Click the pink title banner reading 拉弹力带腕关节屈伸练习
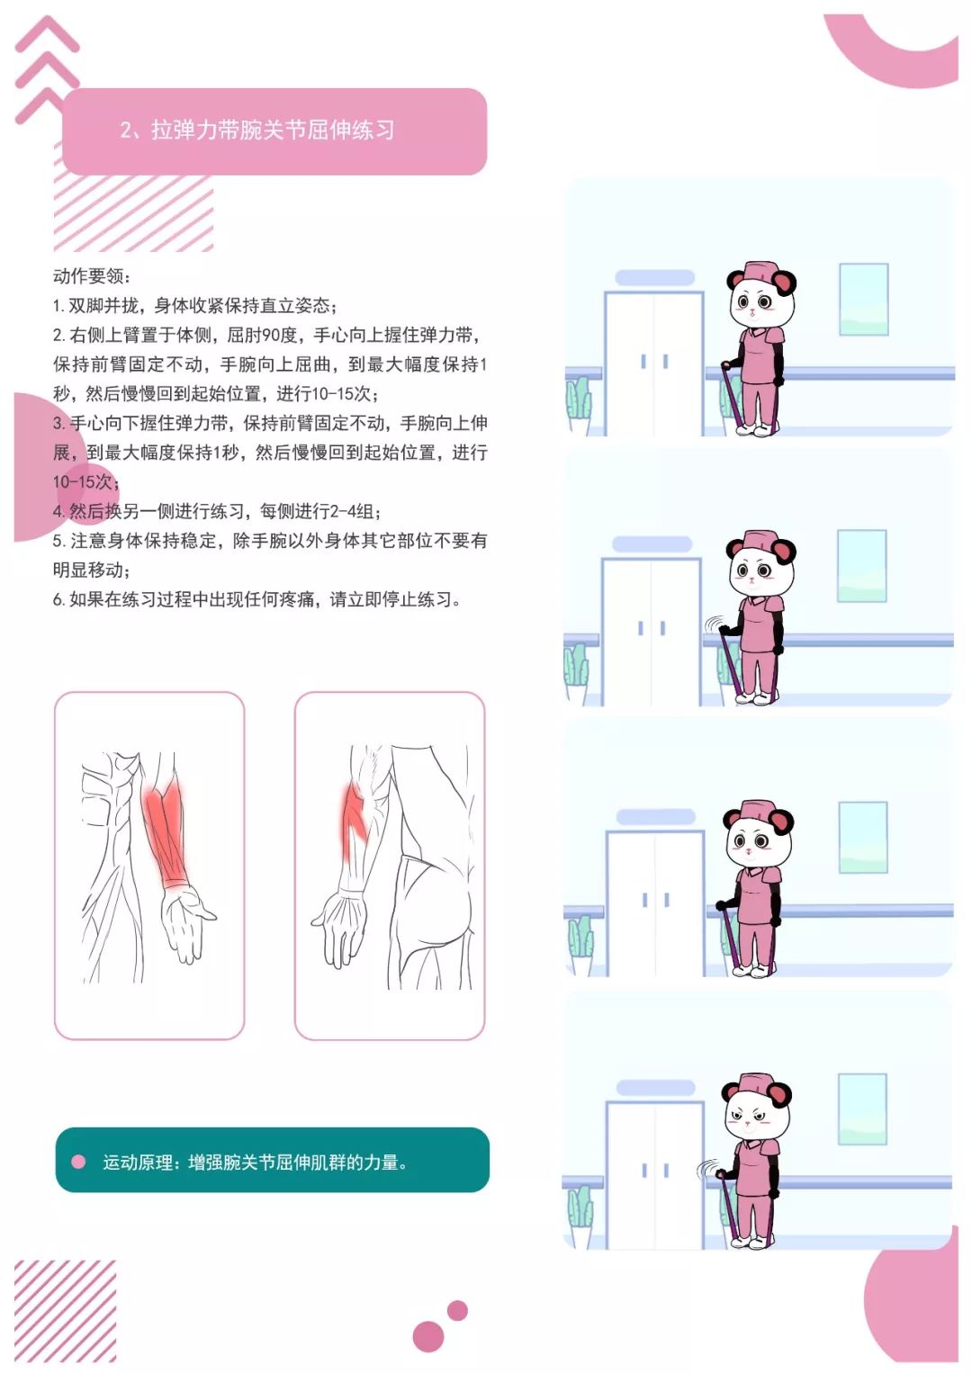click(274, 131)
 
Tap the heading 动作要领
click(91, 276)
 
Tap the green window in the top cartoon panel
click(863, 300)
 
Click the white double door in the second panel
click(651, 632)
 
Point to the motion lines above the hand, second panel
click(713, 624)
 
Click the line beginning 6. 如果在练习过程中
click(257, 599)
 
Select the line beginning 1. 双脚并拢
click(194, 305)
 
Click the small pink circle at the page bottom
click(457, 1311)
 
